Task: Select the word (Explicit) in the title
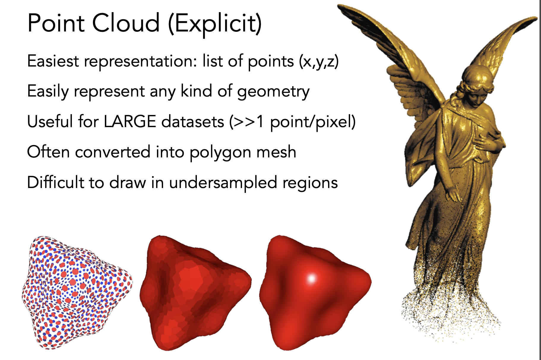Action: tap(215, 24)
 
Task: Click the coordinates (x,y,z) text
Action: tap(319, 62)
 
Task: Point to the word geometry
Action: tap(273, 92)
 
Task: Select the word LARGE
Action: tap(130, 122)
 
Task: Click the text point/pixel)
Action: tap(313, 122)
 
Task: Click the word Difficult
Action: tap(56, 182)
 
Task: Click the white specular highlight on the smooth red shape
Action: tap(311, 279)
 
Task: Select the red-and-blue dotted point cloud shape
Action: tap(77, 293)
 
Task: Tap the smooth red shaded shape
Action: tap(315, 293)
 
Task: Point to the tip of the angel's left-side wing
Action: tap(338, 6)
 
